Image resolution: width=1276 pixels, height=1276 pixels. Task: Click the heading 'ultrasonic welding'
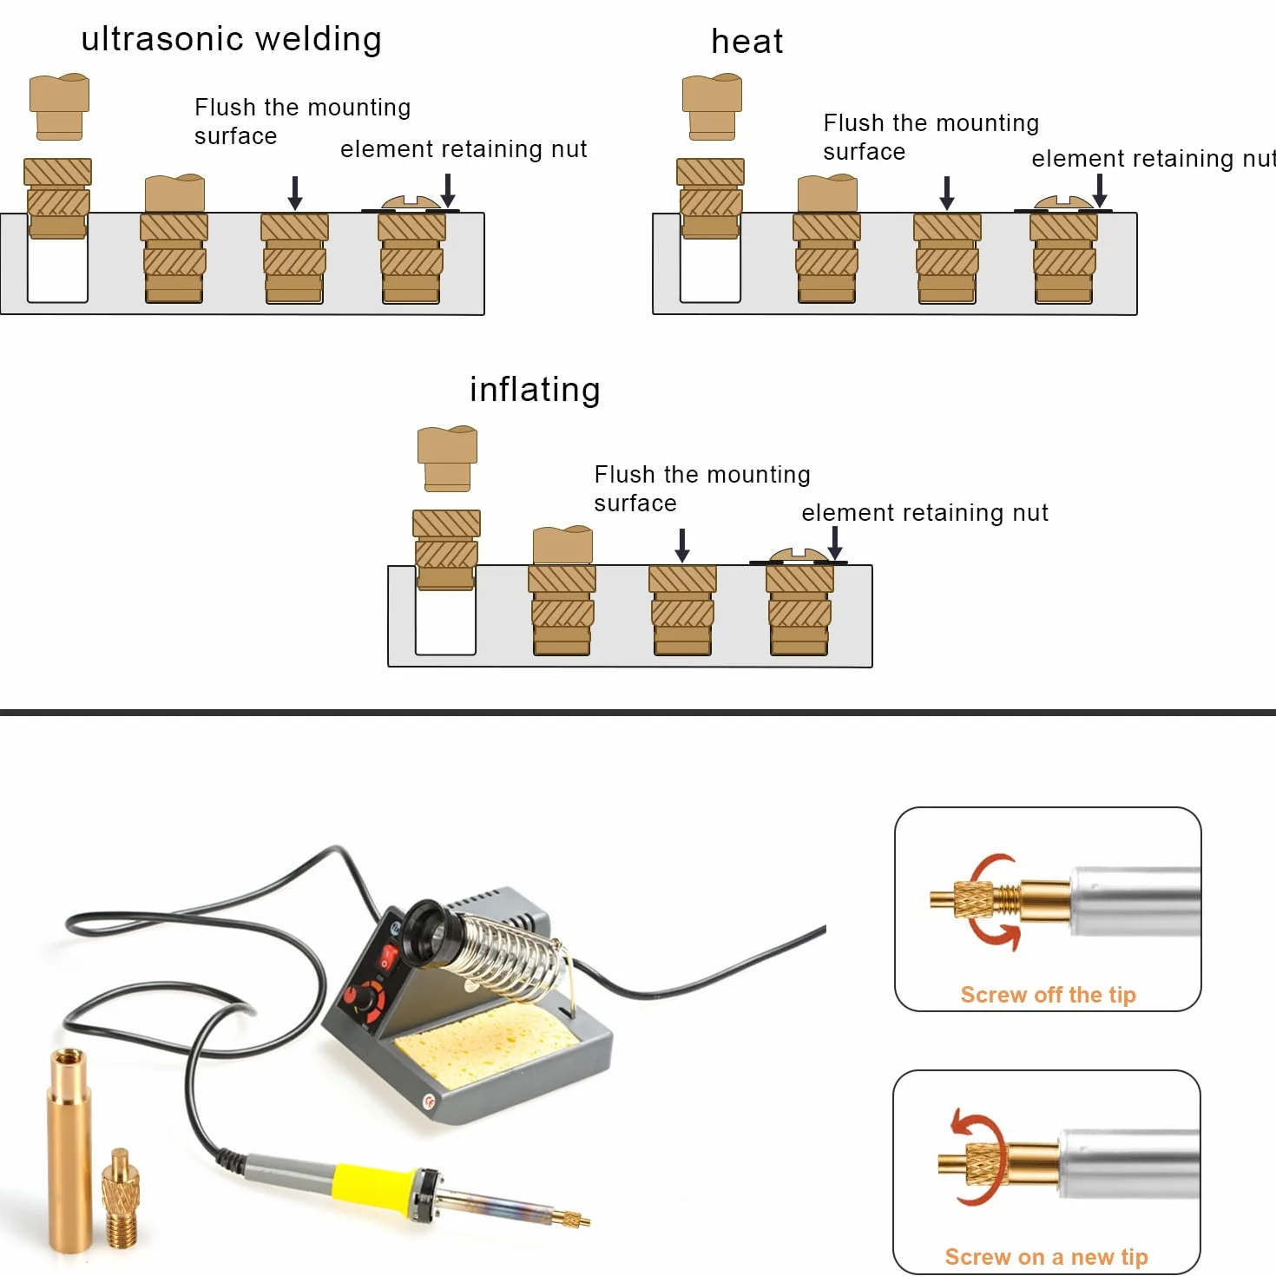tap(231, 40)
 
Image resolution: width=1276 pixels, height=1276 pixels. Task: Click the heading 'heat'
tap(747, 41)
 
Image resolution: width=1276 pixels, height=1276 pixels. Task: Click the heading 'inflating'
tap(535, 390)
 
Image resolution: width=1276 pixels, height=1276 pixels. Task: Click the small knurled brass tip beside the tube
tap(121, 1199)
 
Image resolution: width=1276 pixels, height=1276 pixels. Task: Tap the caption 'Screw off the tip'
tap(1049, 995)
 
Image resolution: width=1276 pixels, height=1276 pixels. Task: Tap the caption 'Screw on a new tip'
tap(1046, 1256)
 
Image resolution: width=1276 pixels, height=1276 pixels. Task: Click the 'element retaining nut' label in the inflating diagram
tap(925, 512)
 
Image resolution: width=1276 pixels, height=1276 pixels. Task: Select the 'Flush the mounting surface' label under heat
tap(931, 137)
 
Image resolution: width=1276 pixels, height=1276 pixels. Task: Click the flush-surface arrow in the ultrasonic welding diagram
tap(295, 193)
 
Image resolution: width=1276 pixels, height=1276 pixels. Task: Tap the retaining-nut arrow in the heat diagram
tap(1100, 191)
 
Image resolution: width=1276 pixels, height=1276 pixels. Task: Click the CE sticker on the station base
tap(429, 1102)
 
